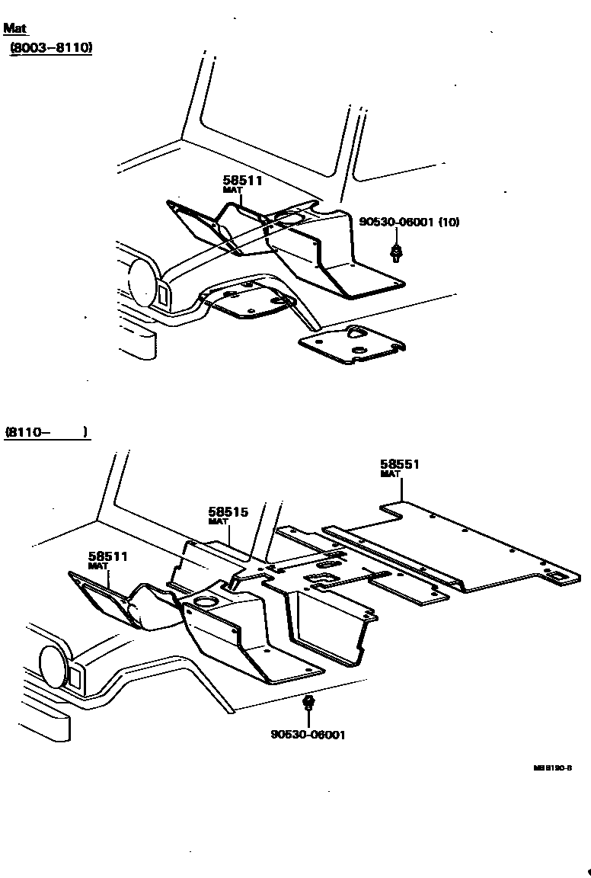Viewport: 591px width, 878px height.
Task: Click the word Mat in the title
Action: click(14, 28)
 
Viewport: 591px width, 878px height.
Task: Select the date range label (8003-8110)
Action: click(50, 48)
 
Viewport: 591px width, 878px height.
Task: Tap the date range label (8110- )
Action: click(46, 432)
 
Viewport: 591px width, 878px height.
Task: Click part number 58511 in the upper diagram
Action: click(237, 181)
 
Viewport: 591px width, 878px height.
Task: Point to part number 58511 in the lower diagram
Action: click(107, 557)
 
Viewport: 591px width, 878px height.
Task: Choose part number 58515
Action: click(228, 512)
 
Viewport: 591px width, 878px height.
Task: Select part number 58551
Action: click(400, 463)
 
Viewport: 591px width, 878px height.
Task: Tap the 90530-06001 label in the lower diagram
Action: click(308, 735)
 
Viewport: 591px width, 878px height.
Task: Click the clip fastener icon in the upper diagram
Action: click(396, 252)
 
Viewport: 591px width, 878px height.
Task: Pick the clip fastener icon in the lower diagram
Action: click(308, 703)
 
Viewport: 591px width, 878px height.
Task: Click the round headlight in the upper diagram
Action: click(142, 280)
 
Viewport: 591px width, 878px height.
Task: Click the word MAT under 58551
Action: click(390, 474)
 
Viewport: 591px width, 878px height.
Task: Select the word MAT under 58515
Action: click(219, 522)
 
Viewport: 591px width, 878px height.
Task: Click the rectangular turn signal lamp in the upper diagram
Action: click(163, 294)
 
